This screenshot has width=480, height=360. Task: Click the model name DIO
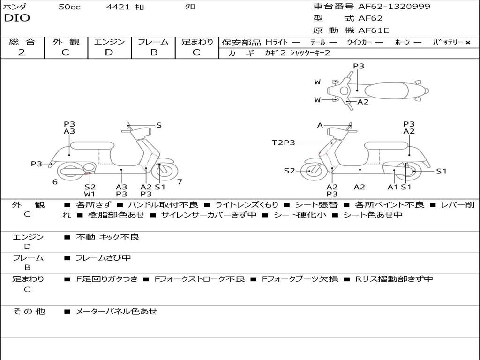(x=17, y=18)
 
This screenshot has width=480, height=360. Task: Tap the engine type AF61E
(x=374, y=31)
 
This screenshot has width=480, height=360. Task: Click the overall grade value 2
(x=22, y=52)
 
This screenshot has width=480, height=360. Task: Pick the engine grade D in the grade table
(x=109, y=52)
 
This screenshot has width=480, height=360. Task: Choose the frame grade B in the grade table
(x=154, y=52)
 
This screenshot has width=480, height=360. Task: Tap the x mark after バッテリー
(x=467, y=43)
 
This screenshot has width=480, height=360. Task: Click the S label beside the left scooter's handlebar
(x=159, y=125)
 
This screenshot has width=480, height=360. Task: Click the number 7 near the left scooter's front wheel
(x=180, y=181)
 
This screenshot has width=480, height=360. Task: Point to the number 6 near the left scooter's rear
(x=55, y=182)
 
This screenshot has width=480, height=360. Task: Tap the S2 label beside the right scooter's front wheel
(x=290, y=171)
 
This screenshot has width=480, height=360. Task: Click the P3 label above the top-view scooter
(x=359, y=66)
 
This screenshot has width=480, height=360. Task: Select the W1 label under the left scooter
(x=90, y=194)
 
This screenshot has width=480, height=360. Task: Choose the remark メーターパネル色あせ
(x=116, y=311)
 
